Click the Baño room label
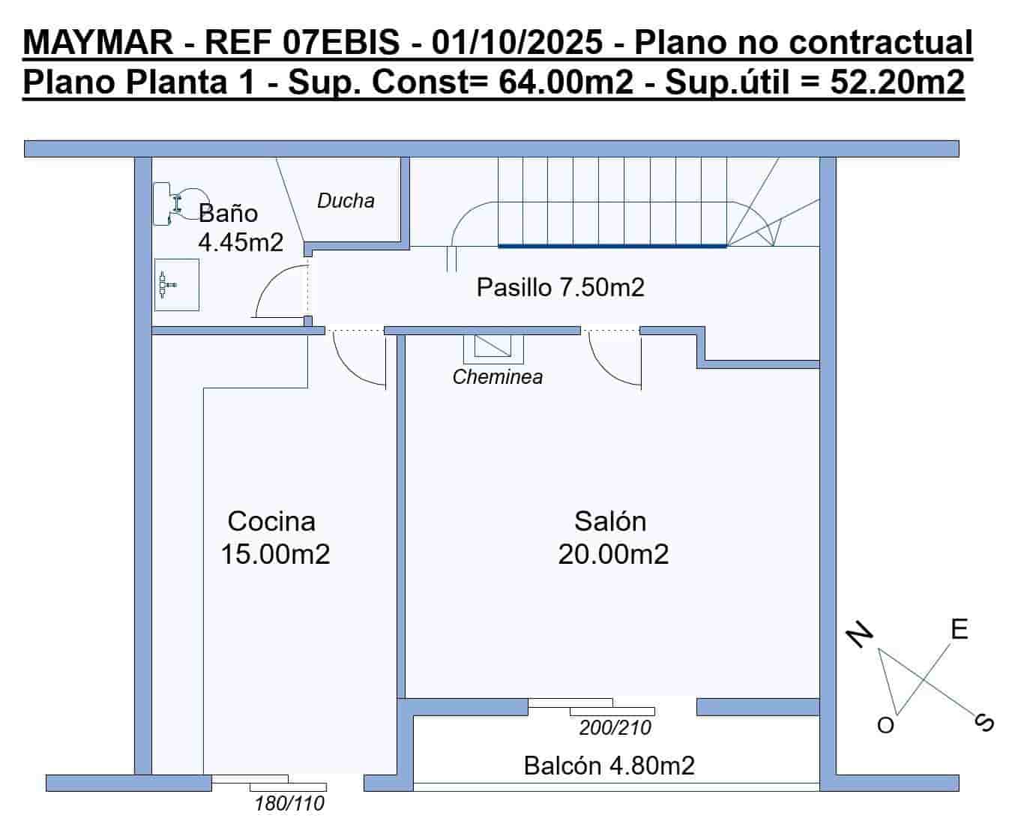click(228, 214)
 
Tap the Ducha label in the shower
click(346, 201)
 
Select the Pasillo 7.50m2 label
click(560, 287)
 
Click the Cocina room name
click(271, 521)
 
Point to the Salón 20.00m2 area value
click(613, 555)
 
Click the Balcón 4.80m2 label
click(609, 766)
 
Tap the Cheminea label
click(497, 377)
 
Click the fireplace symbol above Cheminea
click(493, 347)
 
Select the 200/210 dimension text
click(615, 728)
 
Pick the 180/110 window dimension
click(289, 805)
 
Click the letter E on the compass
click(959, 630)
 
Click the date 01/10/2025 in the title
click(516, 43)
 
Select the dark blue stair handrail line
click(612, 245)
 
